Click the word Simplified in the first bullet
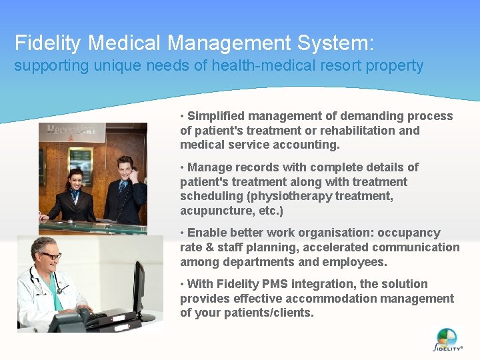pyautogui.click(x=218, y=116)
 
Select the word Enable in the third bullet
pyautogui.click(x=208, y=233)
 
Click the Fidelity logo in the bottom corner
pyautogui.click(x=447, y=339)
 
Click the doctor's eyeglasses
pyautogui.click(x=51, y=255)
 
